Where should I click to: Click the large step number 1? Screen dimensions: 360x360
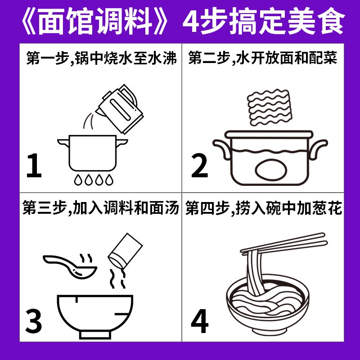(x=34, y=166)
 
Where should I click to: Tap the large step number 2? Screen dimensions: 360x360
(x=199, y=166)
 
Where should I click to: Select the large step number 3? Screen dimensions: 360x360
(x=34, y=321)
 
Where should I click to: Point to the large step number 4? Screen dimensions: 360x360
(x=199, y=321)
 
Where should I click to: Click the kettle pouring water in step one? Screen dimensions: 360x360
(x=120, y=109)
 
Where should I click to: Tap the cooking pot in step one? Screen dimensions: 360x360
(x=92, y=153)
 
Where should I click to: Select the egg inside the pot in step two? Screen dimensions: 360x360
(x=271, y=170)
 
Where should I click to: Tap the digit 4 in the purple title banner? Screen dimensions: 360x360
(x=192, y=22)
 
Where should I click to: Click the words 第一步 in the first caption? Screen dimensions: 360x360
(x=47, y=58)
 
